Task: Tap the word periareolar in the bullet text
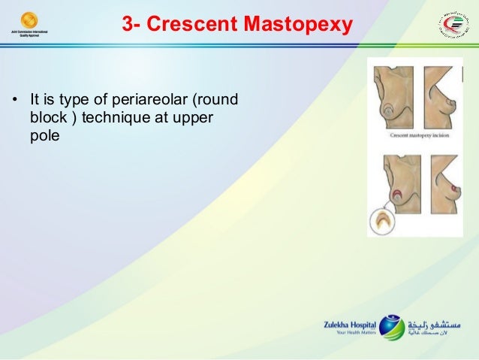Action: [x=152, y=98]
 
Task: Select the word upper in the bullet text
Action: [x=194, y=119]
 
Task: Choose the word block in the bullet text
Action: [x=46, y=119]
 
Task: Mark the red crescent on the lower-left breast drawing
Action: [x=396, y=196]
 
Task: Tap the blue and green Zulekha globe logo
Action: [x=391, y=327]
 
